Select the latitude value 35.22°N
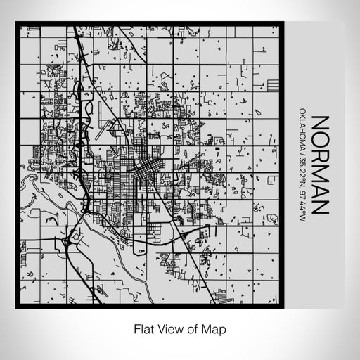click(302, 168)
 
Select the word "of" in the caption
click(188, 328)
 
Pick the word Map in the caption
click(207, 328)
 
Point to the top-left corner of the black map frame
click(18, 25)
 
